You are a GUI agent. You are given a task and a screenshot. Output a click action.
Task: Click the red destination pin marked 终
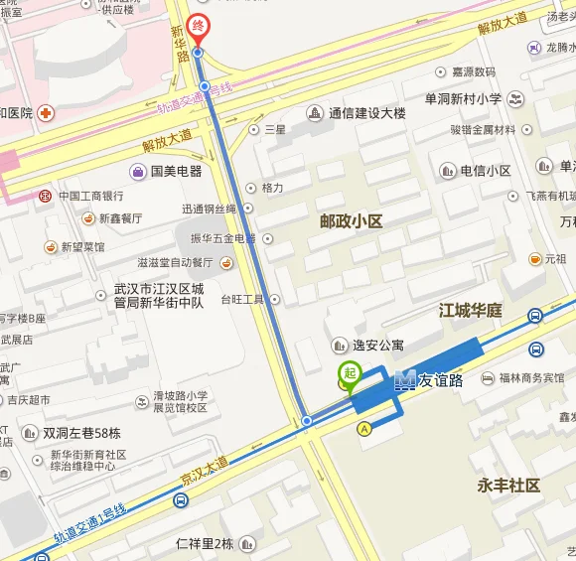coord(199,25)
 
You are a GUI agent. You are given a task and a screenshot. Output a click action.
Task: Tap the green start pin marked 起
coord(349,375)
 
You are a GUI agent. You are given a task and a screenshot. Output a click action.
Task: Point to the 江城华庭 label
coord(471,311)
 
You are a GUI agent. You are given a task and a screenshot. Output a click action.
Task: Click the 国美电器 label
coord(176,171)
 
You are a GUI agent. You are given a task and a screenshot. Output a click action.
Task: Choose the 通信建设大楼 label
coord(367,113)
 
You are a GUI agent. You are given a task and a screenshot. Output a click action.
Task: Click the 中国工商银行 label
coord(90,197)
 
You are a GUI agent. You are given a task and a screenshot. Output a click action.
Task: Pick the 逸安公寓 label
coord(378,345)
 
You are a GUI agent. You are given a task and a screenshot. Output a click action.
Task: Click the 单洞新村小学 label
coord(463,98)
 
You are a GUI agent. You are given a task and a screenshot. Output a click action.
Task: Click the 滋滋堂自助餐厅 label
coord(175,263)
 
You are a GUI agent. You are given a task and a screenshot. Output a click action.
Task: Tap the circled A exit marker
coord(364,428)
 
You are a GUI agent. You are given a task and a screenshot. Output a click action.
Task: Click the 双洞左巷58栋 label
coord(81,433)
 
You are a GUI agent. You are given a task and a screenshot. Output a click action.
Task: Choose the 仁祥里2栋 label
coord(204,543)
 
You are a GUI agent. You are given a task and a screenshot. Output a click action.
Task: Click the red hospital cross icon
coord(46,112)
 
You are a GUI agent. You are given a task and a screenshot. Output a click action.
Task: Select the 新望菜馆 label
coord(82,246)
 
